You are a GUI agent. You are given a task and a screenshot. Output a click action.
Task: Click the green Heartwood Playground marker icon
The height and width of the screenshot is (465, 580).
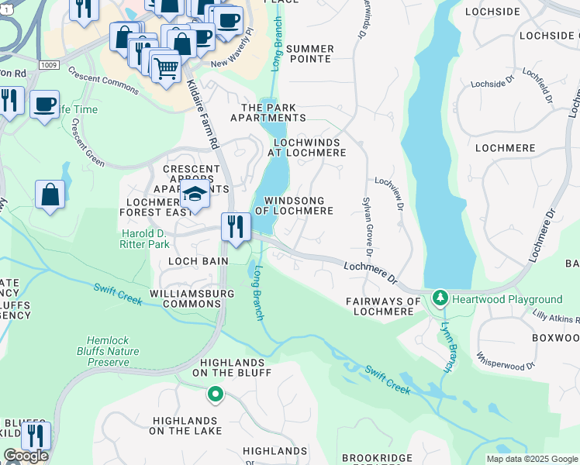point(440,298)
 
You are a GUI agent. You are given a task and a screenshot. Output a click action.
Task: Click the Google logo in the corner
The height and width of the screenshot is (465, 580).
point(26,456)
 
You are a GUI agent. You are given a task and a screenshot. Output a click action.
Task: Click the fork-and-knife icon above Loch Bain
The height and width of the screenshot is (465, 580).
point(236,226)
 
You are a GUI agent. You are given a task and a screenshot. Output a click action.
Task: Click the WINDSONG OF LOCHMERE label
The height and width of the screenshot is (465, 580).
point(299,205)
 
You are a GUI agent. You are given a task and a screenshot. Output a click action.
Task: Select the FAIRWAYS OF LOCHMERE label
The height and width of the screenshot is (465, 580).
point(382,306)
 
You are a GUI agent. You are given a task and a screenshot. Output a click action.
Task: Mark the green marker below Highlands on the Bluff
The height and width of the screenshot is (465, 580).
point(216,395)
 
